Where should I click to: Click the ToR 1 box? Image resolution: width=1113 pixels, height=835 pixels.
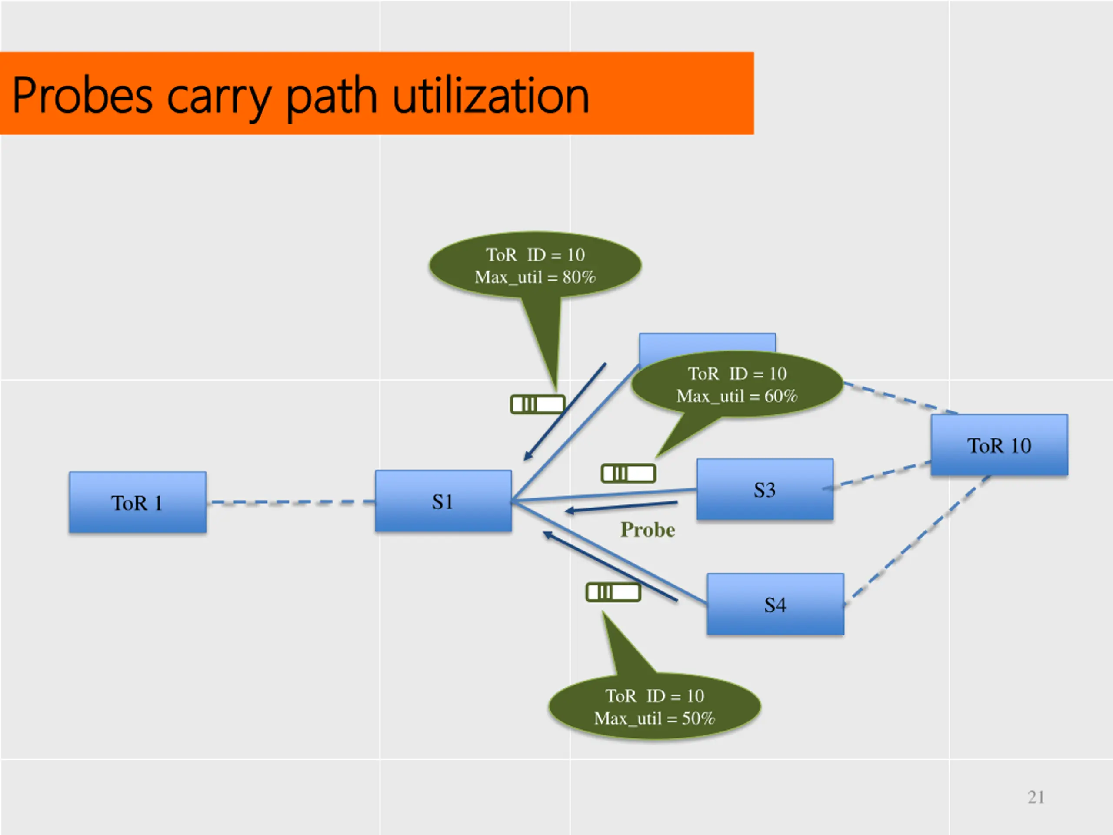tap(137, 502)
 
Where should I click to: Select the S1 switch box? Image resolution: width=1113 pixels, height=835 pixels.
tap(443, 501)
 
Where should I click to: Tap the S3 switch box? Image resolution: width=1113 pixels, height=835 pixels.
tap(765, 489)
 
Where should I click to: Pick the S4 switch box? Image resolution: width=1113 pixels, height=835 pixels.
tap(775, 604)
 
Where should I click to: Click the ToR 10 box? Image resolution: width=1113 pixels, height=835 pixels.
tap(999, 445)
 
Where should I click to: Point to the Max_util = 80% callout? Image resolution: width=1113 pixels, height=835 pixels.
tap(535, 266)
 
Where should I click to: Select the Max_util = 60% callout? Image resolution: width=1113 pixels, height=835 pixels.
tap(737, 384)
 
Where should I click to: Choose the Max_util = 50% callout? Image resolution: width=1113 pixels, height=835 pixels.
tap(654, 707)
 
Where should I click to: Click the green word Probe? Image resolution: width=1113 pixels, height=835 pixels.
tap(647, 530)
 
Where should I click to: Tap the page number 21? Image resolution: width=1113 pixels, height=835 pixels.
tap(1036, 797)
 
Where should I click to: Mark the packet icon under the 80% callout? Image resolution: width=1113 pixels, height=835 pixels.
tap(537, 404)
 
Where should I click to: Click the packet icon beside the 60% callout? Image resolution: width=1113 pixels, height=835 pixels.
tap(628, 473)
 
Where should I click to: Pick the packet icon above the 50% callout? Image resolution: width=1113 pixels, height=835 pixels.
tap(613, 592)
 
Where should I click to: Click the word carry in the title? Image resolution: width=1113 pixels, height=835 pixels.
tap(217, 97)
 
